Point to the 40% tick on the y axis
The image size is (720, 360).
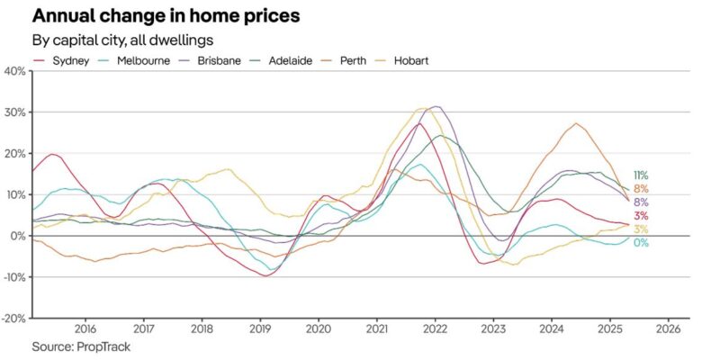pyautogui.click(x=15, y=71)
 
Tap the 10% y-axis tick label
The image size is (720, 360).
pyautogui.click(x=15, y=194)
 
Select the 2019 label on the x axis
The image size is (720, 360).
pyautogui.click(x=260, y=328)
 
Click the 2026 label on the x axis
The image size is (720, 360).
pyautogui.click(x=667, y=328)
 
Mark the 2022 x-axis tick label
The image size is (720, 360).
pyautogui.click(x=435, y=328)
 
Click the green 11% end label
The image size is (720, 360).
pyautogui.click(x=641, y=175)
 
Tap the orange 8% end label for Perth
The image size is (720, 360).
pyautogui.click(x=641, y=189)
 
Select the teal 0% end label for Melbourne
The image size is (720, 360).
pyautogui.click(x=641, y=243)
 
